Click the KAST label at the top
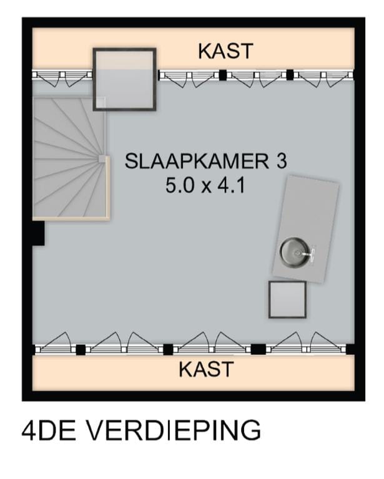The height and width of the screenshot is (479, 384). tap(225, 51)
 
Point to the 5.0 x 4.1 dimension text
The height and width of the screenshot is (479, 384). tap(205, 185)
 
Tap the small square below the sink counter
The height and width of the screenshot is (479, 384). tap(287, 299)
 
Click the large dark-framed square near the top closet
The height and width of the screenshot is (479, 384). tap(124, 79)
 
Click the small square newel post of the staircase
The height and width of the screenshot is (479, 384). tap(102, 159)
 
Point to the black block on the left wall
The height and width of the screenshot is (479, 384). tap(37, 235)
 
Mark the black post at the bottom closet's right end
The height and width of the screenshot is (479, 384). tap(350, 349)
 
